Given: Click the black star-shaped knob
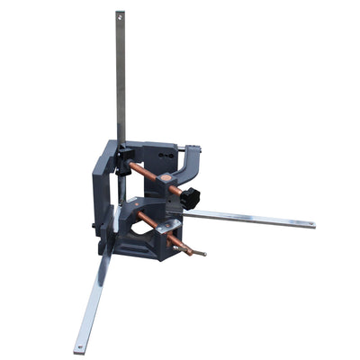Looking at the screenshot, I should [189, 199].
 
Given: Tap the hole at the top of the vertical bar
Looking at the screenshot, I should [120, 15].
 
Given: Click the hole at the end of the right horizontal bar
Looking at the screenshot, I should [310, 224].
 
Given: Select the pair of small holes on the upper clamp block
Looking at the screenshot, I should [163, 156].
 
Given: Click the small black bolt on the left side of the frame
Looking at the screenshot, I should [94, 225].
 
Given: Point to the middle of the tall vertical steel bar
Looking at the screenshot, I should [120, 81].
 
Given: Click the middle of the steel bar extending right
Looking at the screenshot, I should [252, 219].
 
